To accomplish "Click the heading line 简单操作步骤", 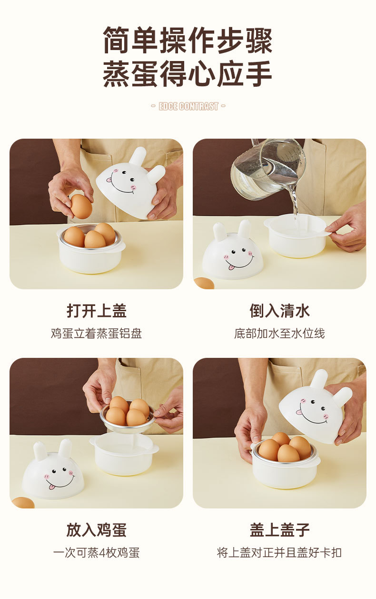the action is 188,40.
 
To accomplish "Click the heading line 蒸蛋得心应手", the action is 188,73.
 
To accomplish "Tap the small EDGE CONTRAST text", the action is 188,106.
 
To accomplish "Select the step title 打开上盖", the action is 97,311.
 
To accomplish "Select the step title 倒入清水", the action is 279,311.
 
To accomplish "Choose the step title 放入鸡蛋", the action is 97,530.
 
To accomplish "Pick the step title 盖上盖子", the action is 279,530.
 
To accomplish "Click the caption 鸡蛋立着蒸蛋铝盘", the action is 97,334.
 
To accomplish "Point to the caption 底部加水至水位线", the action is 279,334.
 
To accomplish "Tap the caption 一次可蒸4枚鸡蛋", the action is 97,553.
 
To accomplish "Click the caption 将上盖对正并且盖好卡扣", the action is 279,553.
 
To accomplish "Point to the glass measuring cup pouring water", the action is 268,169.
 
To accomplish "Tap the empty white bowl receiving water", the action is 296,235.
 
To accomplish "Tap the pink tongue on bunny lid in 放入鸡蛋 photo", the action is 51,487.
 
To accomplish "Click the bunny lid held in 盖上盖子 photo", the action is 315,406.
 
